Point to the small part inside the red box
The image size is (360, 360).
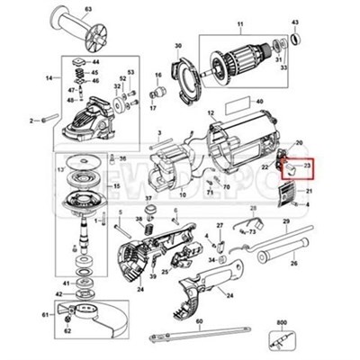coord(291,166)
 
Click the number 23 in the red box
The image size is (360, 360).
coord(307,166)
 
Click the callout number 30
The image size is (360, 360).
coord(177,44)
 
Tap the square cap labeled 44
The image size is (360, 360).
coord(82,63)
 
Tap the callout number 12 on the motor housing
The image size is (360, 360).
coord(211,114)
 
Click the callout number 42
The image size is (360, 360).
coord(58,293)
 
